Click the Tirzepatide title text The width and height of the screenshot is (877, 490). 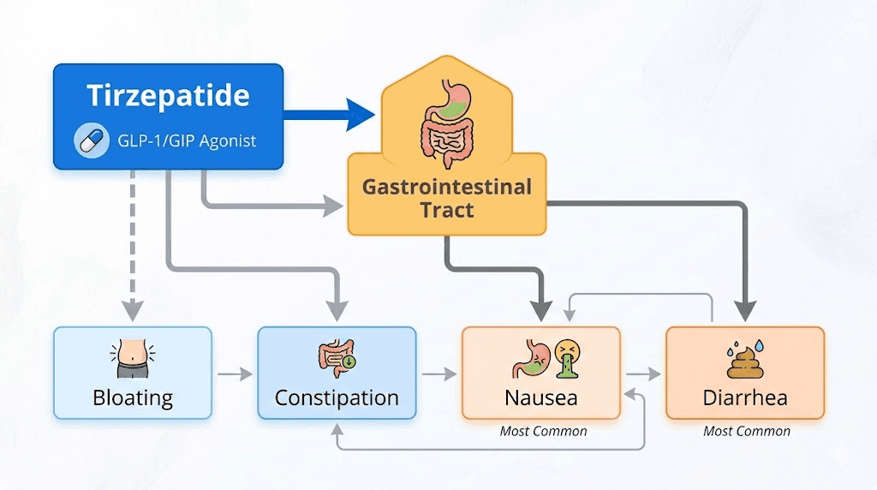[168, 95]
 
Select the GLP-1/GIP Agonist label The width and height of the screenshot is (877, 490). [186, 141]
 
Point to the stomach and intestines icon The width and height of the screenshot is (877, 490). [445, 125]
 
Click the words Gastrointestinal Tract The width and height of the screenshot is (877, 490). [446, 198]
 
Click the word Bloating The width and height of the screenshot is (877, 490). [132, 398]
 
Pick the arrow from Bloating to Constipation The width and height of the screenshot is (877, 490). [235, 374]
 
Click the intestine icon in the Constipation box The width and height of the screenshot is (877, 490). [336, 361]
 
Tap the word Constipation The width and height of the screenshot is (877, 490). [337, 398]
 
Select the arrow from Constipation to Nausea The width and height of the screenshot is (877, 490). [438, 374]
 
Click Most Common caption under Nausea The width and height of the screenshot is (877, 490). [543, 432]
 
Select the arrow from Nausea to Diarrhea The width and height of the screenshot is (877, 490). [643, 374]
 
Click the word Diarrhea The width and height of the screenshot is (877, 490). [745, 398]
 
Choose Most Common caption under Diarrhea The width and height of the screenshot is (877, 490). [746, 432]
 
